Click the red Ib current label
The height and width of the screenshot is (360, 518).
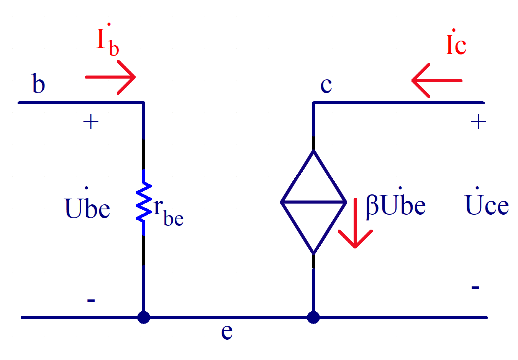tap(107, 41)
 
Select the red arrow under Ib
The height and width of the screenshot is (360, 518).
tap(111, 77)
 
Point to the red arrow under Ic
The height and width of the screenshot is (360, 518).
tap(436, 81)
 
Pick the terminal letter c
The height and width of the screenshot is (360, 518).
tap(326, 85)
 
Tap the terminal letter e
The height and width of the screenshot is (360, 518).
tap(227, 331)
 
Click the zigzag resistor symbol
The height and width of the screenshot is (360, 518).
tap(144, 202)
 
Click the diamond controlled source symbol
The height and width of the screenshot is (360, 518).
tap(313, 202)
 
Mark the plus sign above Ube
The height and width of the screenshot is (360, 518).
tap(91, 123)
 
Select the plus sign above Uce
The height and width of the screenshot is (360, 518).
tap(479, 123)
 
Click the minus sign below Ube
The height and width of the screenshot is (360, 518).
tap(91, 300)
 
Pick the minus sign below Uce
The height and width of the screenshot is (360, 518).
tap(475, 287)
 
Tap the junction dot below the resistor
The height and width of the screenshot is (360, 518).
tap(144, 317)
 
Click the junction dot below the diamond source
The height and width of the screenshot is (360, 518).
tap(313, 317)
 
